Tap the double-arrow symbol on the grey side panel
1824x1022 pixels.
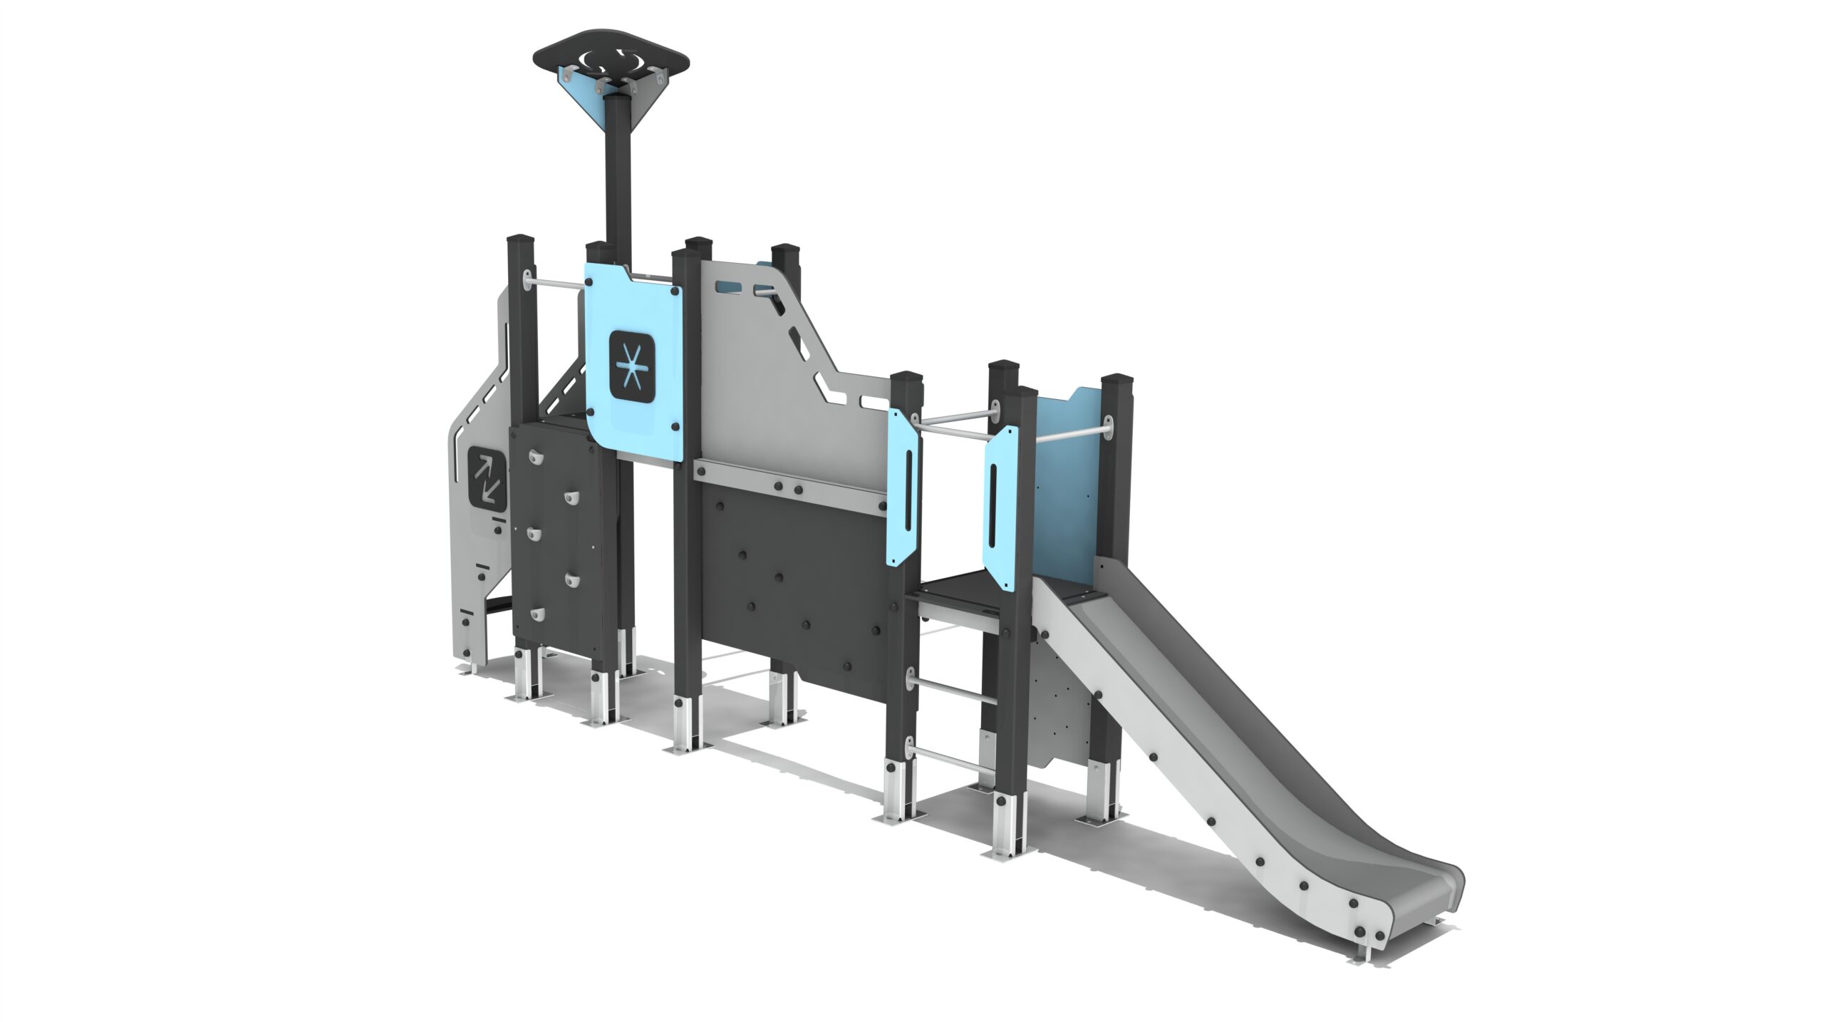tap(487, 478)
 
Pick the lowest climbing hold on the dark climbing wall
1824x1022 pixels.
tap(537, 614)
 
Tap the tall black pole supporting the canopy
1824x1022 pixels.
tap(617, 178)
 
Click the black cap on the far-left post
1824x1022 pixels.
tap(520, 239)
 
